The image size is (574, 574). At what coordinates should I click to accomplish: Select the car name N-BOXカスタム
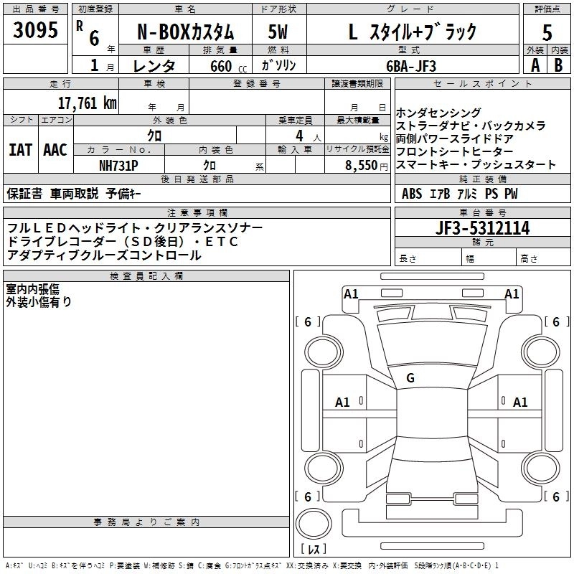(185, 31)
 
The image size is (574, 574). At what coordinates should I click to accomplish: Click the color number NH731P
(118, 165)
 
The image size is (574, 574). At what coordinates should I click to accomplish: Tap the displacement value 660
(220, 66)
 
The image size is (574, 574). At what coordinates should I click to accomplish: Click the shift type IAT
(20, 150)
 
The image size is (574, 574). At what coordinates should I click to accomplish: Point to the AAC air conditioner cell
(55, 150)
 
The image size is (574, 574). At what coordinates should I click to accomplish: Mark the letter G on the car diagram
(410, 377)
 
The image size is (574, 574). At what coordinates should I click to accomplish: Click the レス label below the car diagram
(313, 550)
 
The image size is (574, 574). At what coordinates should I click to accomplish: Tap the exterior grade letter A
(535, 65)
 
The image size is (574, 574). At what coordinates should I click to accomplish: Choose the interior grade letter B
(558, 65)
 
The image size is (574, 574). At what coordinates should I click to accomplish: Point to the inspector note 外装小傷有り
(39, 302)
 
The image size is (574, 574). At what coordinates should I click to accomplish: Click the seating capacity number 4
(297, 135)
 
